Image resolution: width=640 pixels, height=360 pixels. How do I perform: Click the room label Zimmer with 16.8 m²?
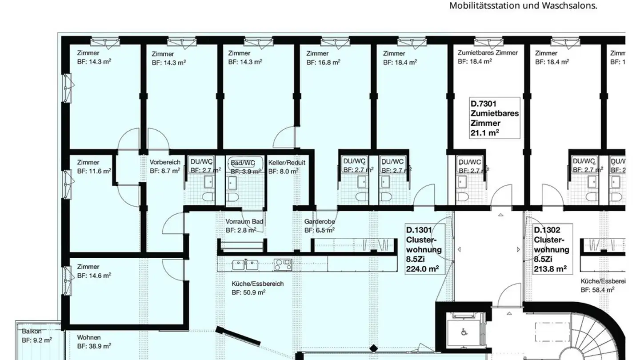(323, 58)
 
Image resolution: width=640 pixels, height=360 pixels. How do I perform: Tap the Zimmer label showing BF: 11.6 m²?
(94, 167)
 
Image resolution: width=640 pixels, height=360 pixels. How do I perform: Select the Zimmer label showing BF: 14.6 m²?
(94, 271)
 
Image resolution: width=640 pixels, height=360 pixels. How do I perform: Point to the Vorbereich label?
(165, 166)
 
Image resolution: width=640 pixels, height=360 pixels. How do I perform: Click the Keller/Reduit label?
(287, 167)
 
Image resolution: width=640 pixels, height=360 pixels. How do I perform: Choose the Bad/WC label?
(243, 167)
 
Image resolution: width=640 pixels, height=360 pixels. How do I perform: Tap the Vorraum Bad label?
(244, 226)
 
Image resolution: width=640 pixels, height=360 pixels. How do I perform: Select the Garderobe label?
(320, 226)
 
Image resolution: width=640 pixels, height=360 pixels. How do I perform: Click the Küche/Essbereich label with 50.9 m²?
(257, 288)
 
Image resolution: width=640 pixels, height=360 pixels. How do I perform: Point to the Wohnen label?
(94, 342)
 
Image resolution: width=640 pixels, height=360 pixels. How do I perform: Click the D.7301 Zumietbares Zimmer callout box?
(494, 118)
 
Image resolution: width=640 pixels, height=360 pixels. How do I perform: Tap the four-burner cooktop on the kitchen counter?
(283, 265)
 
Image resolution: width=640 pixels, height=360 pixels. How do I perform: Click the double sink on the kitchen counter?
(245, 265)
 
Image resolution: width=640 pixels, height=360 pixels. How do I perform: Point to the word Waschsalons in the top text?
(573, 6)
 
